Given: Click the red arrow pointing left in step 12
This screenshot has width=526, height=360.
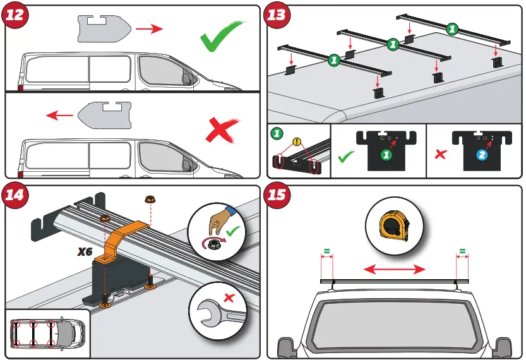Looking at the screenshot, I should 60,115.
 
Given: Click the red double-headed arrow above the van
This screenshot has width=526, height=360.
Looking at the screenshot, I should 395,270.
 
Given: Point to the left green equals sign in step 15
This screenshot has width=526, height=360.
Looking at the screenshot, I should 327,251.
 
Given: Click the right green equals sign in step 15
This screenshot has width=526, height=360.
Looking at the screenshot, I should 463,251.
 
